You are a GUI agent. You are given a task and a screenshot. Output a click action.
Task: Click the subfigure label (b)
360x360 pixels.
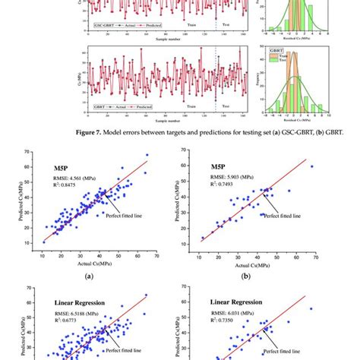pos(267,278)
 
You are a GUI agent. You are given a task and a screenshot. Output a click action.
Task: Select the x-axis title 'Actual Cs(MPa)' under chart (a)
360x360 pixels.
pos(90,263)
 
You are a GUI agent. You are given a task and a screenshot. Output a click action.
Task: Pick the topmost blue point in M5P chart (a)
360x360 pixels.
pos(147,155)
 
